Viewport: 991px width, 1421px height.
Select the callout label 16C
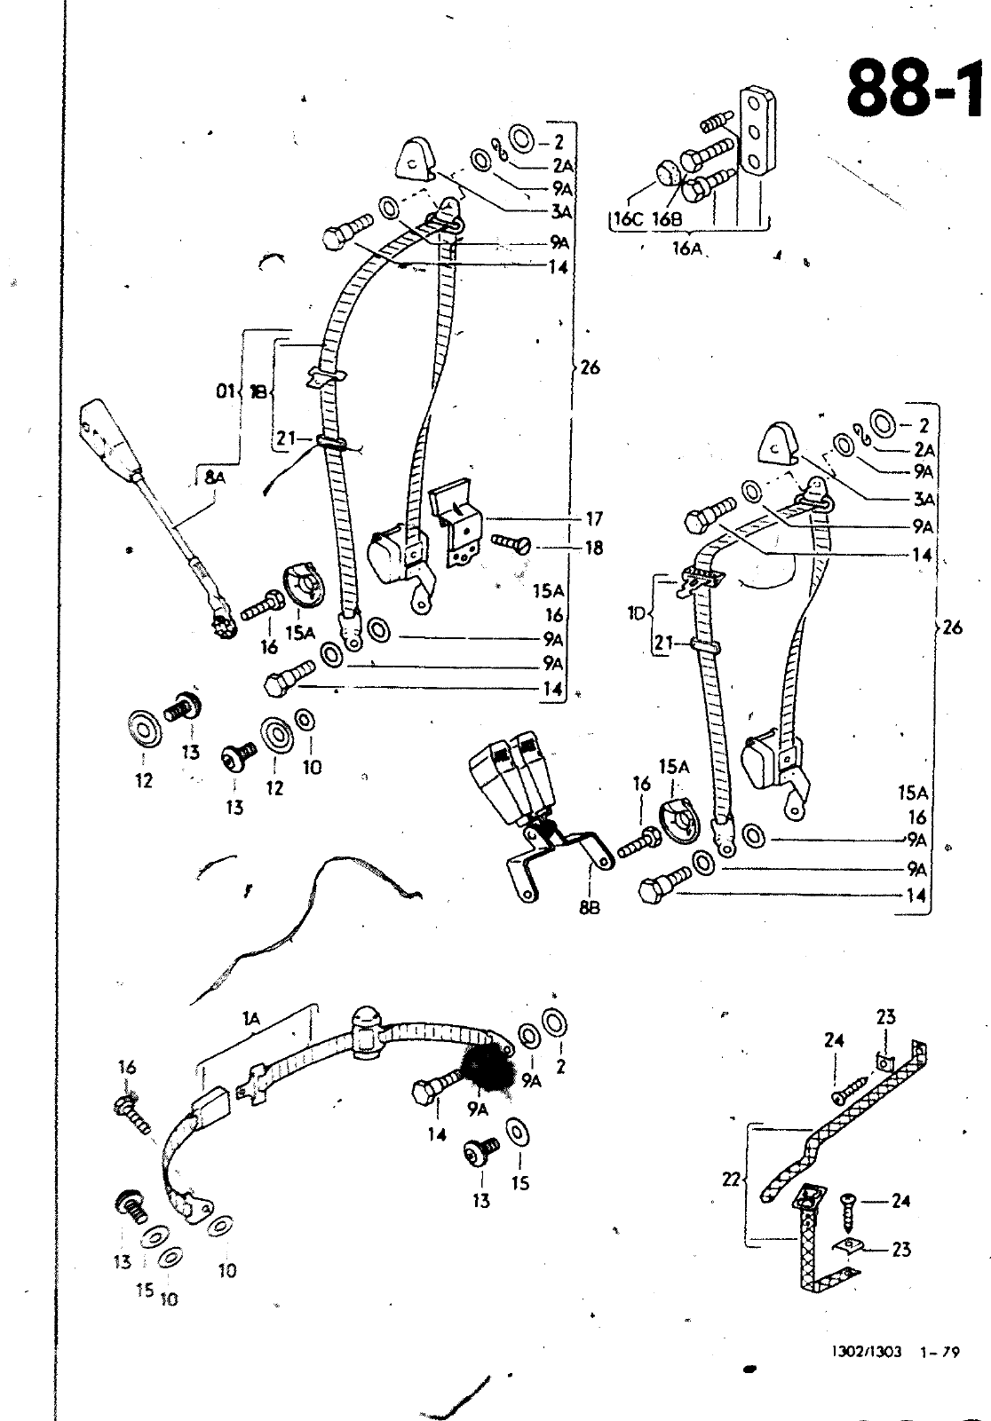(627, 219)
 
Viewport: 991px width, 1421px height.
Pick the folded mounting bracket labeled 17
(456, 524)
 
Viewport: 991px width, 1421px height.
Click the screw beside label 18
(510, 541)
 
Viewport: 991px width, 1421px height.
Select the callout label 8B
(589, 907)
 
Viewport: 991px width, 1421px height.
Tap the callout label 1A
(250, 1022)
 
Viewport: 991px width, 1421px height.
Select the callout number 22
(732, 1180)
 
